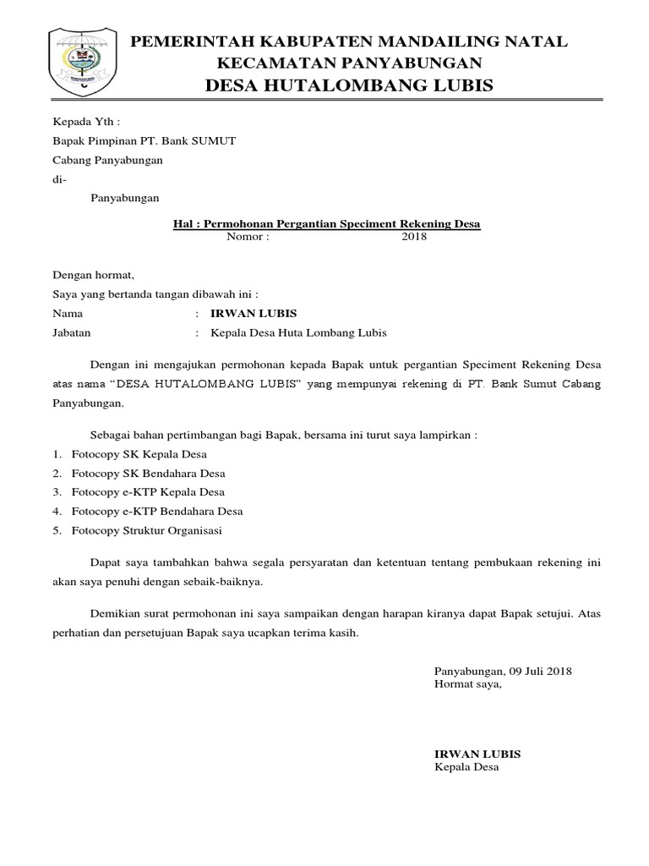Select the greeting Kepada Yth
click(80, 122)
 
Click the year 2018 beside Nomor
click(414, 237)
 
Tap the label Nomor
click(248, 237)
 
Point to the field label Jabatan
click(72, 332)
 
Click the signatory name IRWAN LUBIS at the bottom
click(477, 754)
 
